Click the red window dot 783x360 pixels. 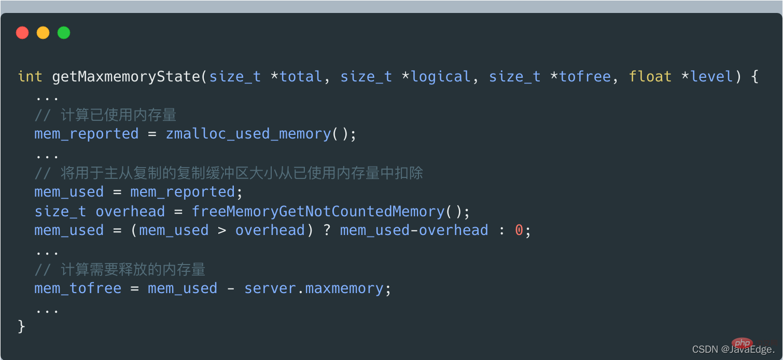(x=22, y=33)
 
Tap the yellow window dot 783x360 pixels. (x=43, y=33)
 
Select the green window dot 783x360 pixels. (x=64, y=33)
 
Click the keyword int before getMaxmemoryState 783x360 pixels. (x=30, y=77)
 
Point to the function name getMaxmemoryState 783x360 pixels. (x=126, y=77)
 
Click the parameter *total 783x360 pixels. (x=297, y=77)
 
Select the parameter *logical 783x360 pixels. (x=436, y=77)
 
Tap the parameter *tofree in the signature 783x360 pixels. (x=580, y=77)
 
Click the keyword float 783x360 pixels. (x=650, y=77)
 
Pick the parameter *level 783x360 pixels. (x=707, y=77)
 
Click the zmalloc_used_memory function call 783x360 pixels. (x=248, y=134)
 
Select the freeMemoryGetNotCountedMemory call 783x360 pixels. (x=318, y=212)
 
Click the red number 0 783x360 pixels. (x=519, y=230)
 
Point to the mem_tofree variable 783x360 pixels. (x=78, y=289)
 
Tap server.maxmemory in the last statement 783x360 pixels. (x=314, y=289)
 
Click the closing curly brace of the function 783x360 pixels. (x=21, y=327)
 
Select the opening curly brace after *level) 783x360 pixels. (x=754, y=77)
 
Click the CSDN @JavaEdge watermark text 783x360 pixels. (x=733, y=349)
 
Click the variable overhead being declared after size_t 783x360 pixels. (x=130, y=212)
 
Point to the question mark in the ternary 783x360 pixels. (x=327, y=230)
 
